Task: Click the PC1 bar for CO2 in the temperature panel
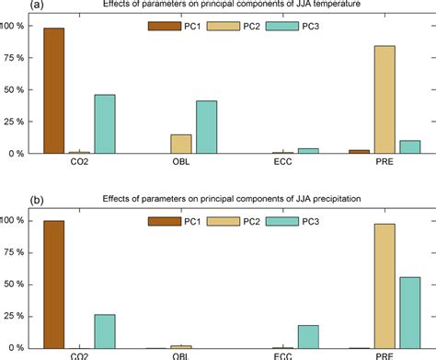[x=54, y=91]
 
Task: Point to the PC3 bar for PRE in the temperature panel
[x=409, y=147]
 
